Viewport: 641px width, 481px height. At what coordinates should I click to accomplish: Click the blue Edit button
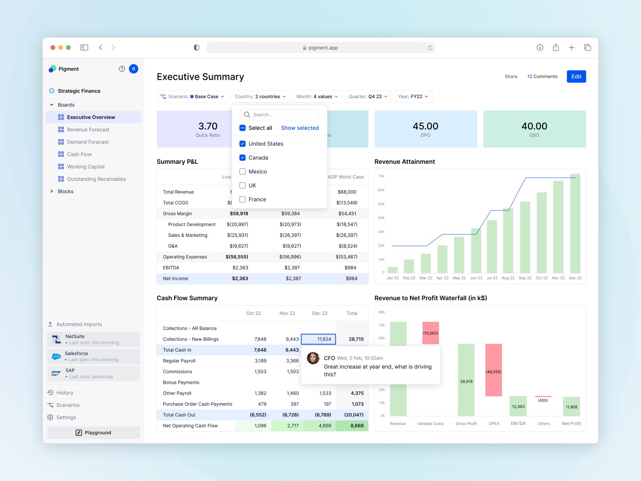pyautogui.click(x=576, y=77)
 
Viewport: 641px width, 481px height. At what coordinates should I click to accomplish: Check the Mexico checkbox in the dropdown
pyautogui.click(x=243, y=171)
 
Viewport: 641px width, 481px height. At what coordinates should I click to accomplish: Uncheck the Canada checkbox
pyautogui.click(x=243, y=158)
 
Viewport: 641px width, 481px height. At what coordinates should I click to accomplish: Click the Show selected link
pyautogui.click(x=300, y=128)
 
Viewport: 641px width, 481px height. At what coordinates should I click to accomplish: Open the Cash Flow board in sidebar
pyautogui.click(x=79, y=154)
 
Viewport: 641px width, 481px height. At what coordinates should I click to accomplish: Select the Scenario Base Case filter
pyautogui.click(x=193, y=97)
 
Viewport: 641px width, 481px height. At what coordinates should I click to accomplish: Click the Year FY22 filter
pyautogui.click(x=413, y=97)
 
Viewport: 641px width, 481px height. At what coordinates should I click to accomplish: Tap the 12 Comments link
pyautogui.click(x=542, y=77)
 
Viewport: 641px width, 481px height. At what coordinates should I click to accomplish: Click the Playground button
pyautogui.click(x=93, y=432)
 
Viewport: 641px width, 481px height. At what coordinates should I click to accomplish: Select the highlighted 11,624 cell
pyautogui.click(x=318, y=339)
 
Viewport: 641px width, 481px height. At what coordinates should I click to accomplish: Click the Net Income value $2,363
pyautogui.click(x=240, y=278)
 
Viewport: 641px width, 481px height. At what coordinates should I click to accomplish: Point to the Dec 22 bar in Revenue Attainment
pyautogui.click(x=575, y=223)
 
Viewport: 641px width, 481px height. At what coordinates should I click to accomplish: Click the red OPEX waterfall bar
pyautogui.click(x=493, y=370)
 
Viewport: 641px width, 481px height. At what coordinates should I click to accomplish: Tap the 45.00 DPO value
pyautogui.click(x=425, y=126)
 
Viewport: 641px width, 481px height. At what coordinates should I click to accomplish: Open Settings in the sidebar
pyautogui.click(x=66, y=417)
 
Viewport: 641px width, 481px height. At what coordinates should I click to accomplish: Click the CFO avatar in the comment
pyautogui.click(x=313, y=358)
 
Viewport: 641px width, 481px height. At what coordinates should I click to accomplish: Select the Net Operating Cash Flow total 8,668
pyautogui.click(x=357, y=426)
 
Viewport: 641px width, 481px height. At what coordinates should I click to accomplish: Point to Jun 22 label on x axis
pyautogui.click(x=476, y=278)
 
